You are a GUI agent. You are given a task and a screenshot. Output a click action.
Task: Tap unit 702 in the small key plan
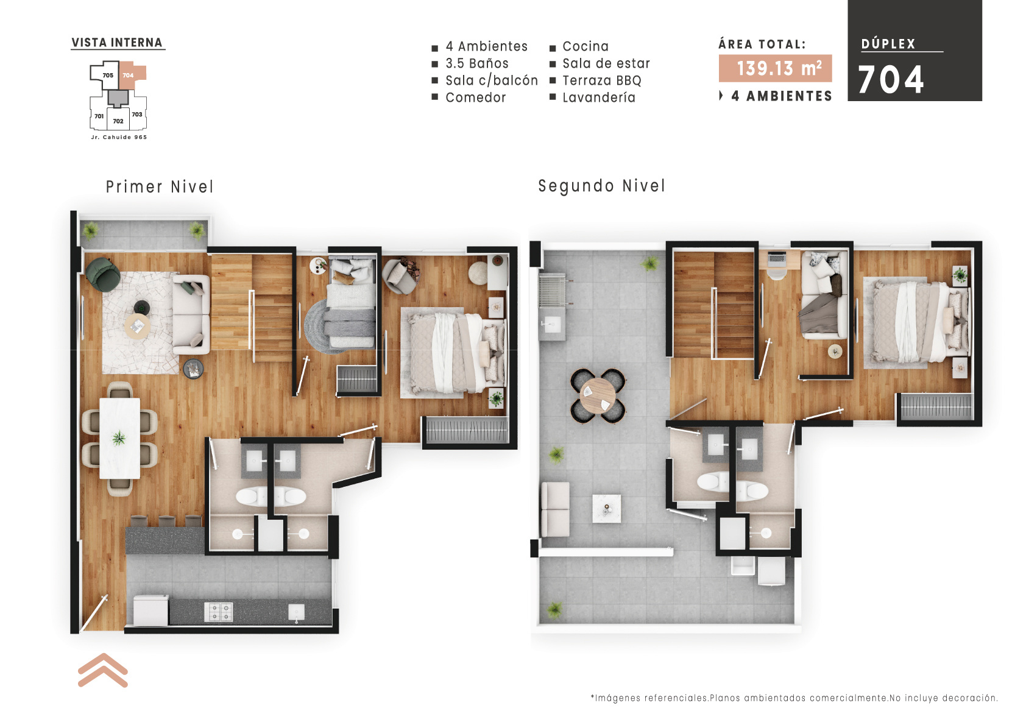coord(118,121)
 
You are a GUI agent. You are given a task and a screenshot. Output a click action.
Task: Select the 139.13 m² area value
coord(775,68)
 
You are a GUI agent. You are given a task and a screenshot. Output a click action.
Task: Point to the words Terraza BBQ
coord(601,80)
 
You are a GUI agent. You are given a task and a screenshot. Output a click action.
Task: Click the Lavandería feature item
coord(598,97)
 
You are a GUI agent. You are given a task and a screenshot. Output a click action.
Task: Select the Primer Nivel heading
coord(160,186)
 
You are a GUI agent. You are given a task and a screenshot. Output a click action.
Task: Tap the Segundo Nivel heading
coord(601,186)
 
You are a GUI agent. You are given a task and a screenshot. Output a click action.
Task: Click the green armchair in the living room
coord(102,274)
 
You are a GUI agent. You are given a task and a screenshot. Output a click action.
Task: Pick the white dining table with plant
coord(119,437)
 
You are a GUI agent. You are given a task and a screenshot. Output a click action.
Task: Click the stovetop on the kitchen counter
coord(218,612)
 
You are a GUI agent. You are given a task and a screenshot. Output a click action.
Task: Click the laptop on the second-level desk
coord(777,258)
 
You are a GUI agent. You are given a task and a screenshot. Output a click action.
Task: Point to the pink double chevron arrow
coord(102,670)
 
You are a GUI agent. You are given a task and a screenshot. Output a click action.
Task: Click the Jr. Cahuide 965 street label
coord(119,137)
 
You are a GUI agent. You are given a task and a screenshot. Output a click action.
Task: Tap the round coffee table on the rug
coord(138,326)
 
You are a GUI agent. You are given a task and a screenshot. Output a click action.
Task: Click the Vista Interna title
coord(117,43)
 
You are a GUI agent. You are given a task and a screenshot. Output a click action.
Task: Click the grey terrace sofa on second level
coord(555,509)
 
